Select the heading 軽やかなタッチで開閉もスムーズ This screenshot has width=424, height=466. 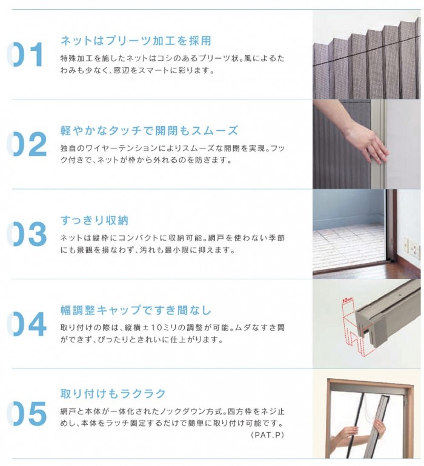point(148,131)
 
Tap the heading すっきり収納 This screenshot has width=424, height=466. point(94,221)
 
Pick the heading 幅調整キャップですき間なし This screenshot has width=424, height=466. point(136,310)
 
